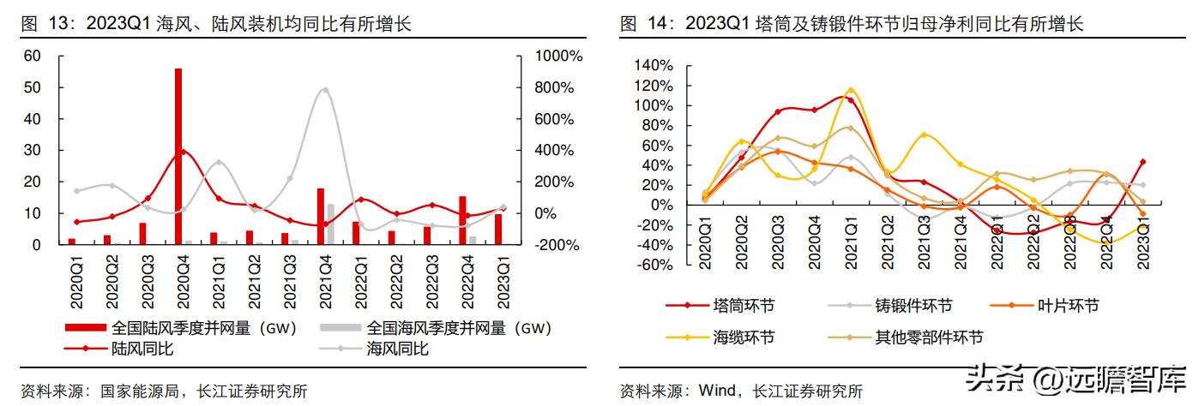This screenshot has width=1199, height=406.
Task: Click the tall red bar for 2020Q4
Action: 178,156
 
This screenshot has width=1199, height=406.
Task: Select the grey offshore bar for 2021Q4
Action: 330,224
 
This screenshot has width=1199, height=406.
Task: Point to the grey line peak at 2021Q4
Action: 324,89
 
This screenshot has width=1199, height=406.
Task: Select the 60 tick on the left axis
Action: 33,57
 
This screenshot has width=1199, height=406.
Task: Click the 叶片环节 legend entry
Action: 1067,306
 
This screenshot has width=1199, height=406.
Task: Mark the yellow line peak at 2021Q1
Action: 851,89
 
